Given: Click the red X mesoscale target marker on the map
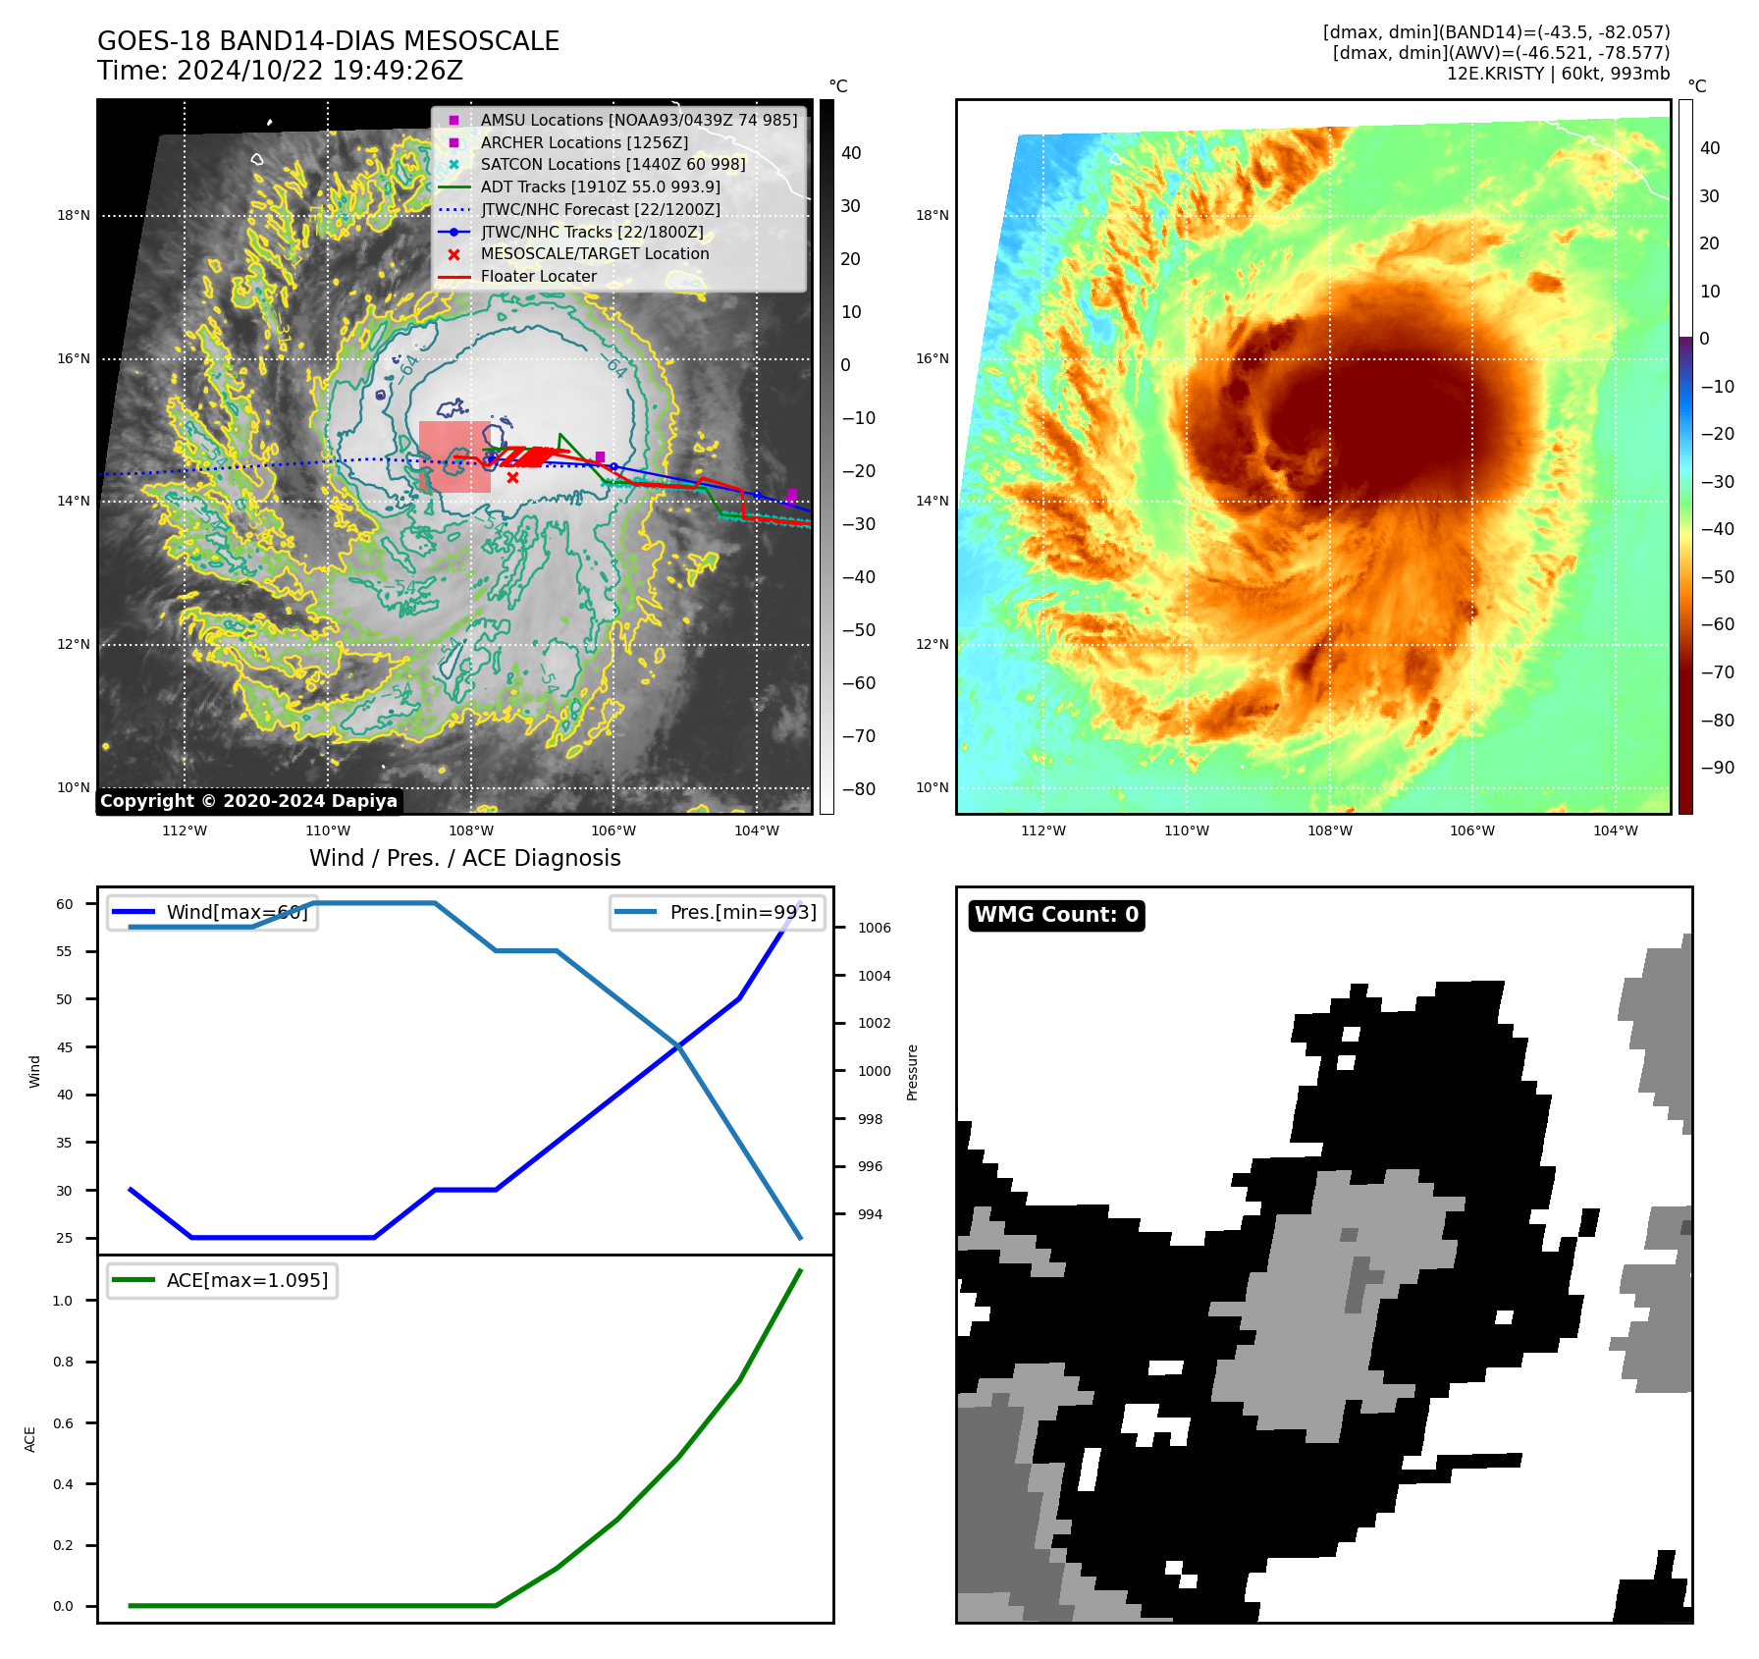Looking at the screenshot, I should [x=512, y=478].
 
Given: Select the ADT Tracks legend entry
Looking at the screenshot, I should [x=600, y=187].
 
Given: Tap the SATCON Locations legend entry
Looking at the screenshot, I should [x=613, y=164].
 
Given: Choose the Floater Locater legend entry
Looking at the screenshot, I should [x=538, y=277].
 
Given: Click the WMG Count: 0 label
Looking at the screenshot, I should [x=1056, y=915].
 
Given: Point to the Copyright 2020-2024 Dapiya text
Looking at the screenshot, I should [x=248, y=801].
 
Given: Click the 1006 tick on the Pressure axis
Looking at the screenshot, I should [x=874, y=928].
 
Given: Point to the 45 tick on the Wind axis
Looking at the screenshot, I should [x=65, y=1047].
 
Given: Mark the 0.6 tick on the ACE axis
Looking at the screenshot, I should [x=63, y=1423].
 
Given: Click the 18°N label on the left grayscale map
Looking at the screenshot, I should [x=74, y=216].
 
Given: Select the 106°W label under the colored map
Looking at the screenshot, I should [x=1472, y=830].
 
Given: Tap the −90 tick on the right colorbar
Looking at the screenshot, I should [x=1717, y=768].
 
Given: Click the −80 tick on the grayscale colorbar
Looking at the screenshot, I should [x=858, y=789].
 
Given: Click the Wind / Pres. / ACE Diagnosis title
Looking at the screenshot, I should [x=465, y=858].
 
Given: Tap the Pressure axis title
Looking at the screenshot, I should [x=912, y=1072].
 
